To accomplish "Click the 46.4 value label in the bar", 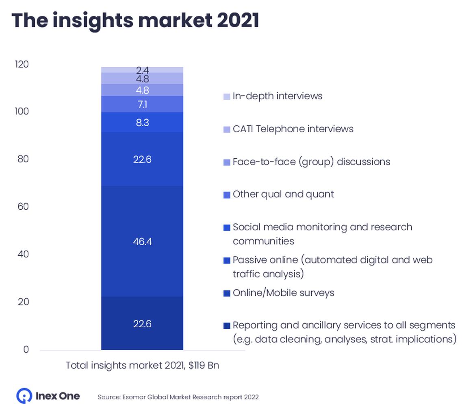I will click(142, 241).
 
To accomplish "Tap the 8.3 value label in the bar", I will click(142, 122).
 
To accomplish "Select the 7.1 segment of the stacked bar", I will click(142, 104).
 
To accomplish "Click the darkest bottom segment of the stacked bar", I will click(142, 323).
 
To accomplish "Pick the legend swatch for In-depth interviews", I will click(227, 96).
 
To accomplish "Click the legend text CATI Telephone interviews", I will click(293, 129).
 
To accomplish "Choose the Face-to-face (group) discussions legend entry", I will click(311, 162).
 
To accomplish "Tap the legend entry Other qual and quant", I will click(283, 194).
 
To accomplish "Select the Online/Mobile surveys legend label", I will click(283, 293).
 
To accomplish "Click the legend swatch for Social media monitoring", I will click(227, 228).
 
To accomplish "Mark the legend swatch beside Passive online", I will click(227, 261).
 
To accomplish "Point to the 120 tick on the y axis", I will click(21, 64).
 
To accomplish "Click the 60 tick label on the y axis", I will click(23, 206).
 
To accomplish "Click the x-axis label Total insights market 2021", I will click(142, 366).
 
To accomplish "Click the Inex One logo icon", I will click(24, 395).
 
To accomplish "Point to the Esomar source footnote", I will click(178, 397).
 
